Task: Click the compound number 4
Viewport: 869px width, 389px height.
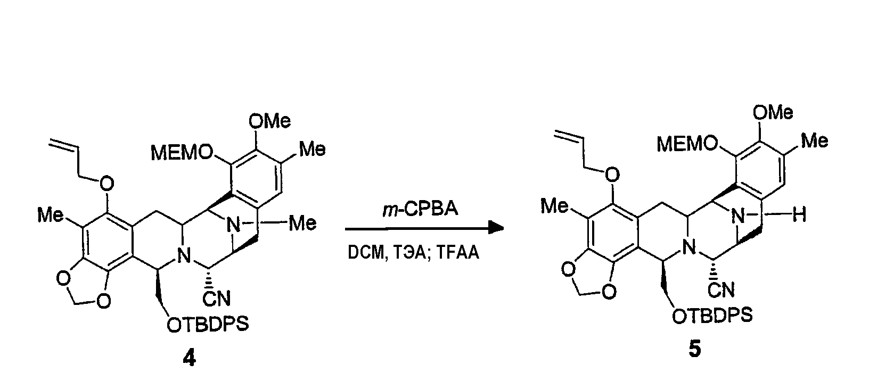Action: (x=190, y=358)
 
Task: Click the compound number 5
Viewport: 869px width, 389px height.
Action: (x=695, y=349)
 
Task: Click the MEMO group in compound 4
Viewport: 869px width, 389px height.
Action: (x=182, y=153)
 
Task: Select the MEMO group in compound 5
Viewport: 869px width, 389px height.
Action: (x=687, y=144)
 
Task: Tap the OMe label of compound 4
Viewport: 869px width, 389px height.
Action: (x=269, y=121)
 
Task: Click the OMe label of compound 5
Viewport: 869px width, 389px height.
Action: (x=773, y=112)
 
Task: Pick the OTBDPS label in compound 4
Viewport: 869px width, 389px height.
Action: (x=208, y=325)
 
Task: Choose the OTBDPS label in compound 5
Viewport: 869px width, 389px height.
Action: (x=712, y=316)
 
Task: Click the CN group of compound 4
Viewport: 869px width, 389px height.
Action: (x=217, y=299)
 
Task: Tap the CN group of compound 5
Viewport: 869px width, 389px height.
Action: (x=721, y=289)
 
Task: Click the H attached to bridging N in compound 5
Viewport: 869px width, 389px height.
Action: (x=799, y=214)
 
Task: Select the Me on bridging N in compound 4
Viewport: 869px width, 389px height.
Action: (x=303, y=223)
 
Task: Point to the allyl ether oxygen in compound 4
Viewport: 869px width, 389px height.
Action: (x=106, y=183)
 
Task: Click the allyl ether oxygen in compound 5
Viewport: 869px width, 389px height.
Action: (x=612, y=175)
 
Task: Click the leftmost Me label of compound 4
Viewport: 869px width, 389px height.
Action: (x=51, y=214)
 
